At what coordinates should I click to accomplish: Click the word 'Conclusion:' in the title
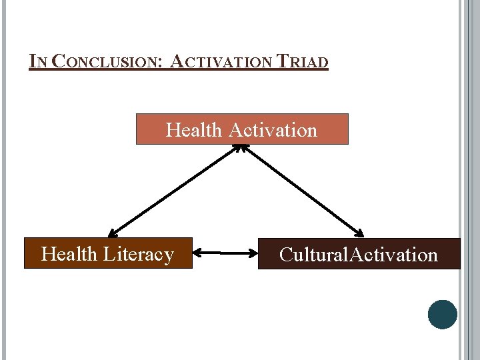pyautogui.click(x=107, y=62)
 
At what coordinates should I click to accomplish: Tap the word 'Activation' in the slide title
pyautogui.click(x=221, y=62)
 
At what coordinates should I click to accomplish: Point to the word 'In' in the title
pyautogui.click(x=38, y=62)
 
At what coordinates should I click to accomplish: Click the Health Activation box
pyautogui.click(x=242, y=129)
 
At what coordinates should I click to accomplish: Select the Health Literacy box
pyautogui.click(x=108, y=253)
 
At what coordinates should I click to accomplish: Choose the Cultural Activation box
pyautogui.click(x=359, y=254)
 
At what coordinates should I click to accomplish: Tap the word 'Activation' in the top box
pyautogui.click(x=273, y=129)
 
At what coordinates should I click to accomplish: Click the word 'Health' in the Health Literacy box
pyautogui.click(x=69, y=254)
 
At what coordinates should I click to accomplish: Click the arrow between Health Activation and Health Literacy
pyautogui.click(x=175, y=191)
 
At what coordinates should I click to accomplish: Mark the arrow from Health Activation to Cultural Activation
pyautogui.click(x=303, y=191)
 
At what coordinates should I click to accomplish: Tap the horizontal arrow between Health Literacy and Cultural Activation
pyautogui.click(x=225, y=253)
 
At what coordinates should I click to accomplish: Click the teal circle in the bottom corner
pyautogui.click(x=443, y=315)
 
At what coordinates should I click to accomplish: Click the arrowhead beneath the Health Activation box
pyautogui.click(x=241, y=148)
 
